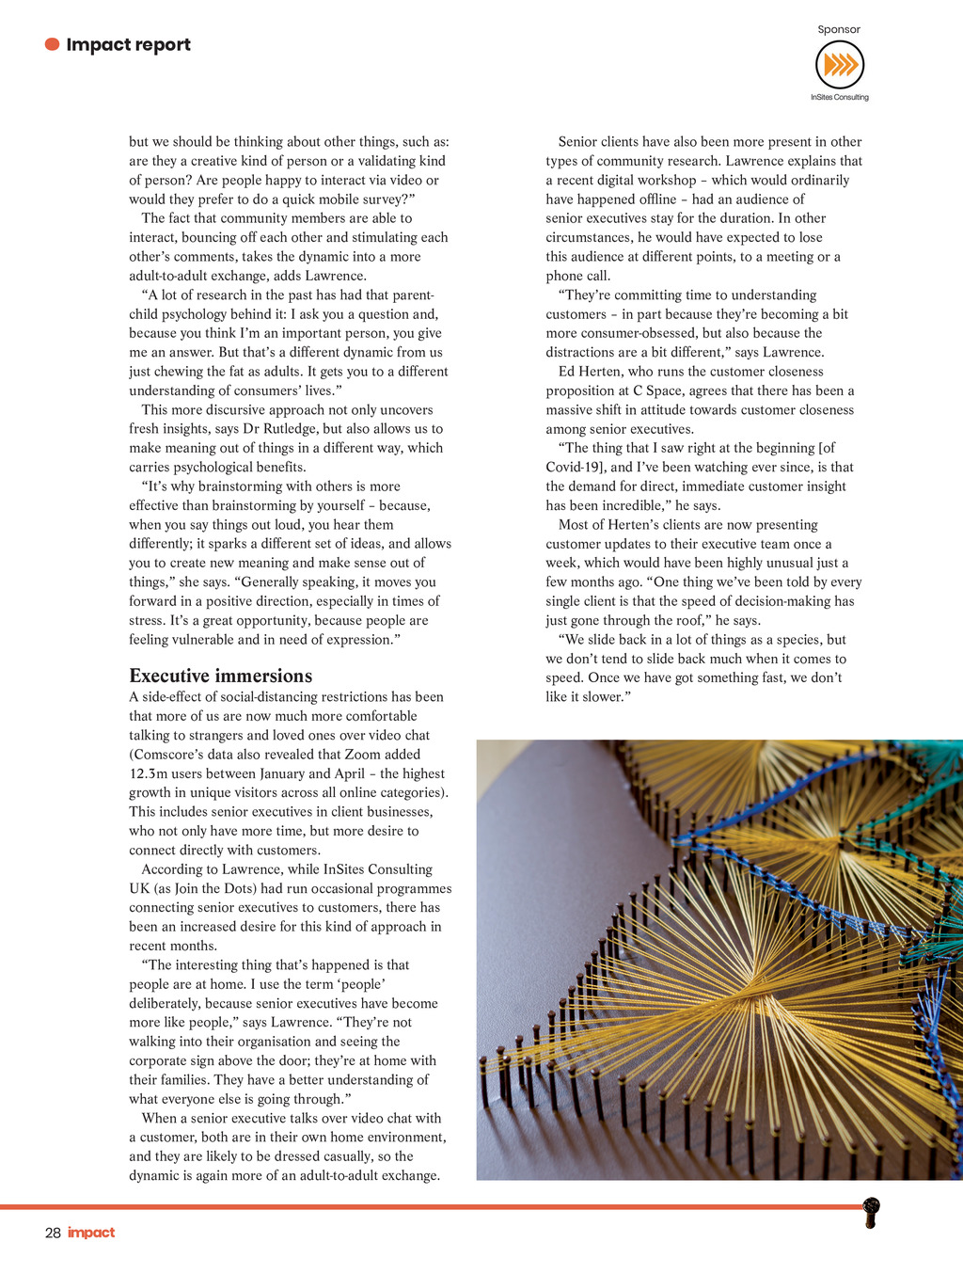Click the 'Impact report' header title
coord(128,44)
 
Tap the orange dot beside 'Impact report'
coord(53,44)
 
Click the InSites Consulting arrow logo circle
coord(839,65)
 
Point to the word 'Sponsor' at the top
coord(839,29)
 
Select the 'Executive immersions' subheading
coord(220,676)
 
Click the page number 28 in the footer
coord(53,1233)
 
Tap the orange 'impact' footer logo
coord(91,1233)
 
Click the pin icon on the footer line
coord(872,1212)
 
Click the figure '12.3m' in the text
coord(148,773)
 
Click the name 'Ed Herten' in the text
coord(590,372)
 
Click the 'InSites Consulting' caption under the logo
coord(840,97)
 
